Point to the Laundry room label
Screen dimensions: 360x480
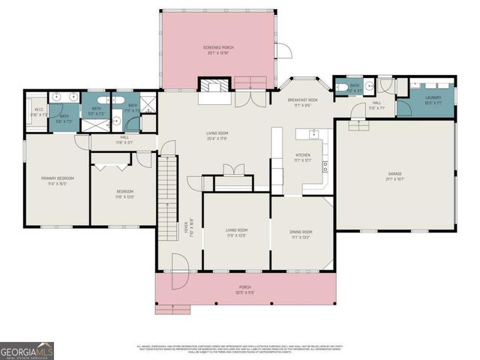433,97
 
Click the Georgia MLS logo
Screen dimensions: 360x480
26,349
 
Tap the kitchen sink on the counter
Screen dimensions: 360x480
313,135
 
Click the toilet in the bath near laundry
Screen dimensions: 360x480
341,87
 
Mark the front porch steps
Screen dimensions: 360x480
171,307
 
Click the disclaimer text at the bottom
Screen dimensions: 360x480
240,349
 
